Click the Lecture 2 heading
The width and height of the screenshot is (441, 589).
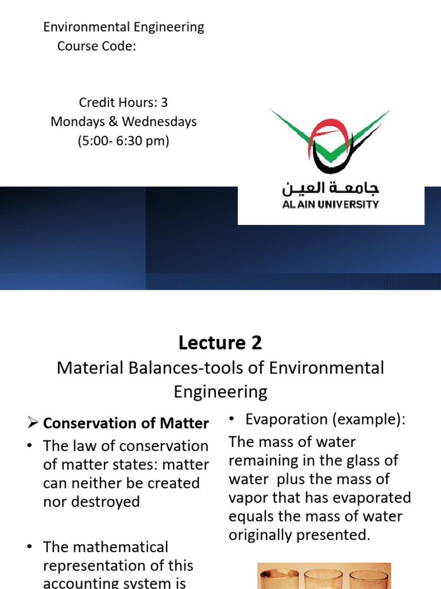click(x=220, y=343)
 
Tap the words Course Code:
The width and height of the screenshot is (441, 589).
click(x=96, y=46)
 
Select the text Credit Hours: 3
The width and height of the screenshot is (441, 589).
click(x=123, y=102)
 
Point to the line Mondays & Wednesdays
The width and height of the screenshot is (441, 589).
click(x=123, y=121)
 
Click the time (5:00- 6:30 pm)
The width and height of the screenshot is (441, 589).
click(x=123, y=141)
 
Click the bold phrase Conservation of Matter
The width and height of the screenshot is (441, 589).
click(x=126, y=423)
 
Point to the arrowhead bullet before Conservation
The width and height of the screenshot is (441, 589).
click(x=33, y=423)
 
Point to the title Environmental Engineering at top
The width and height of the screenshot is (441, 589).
click(x=123, y=26)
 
